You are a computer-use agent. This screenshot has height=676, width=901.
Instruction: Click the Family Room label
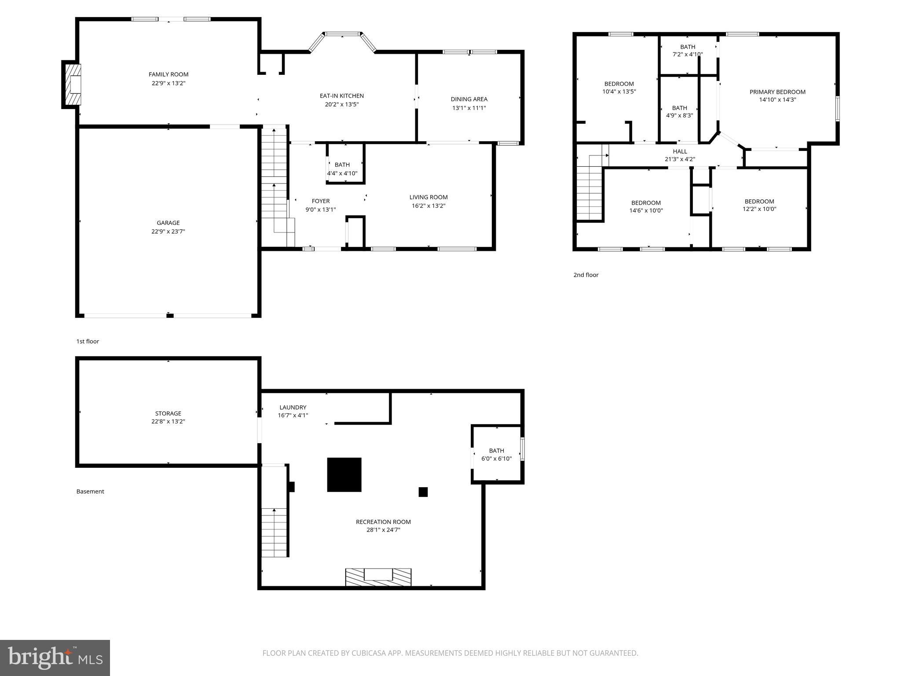(168, 74)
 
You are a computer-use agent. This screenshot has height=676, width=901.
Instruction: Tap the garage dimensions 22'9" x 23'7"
(168, 231)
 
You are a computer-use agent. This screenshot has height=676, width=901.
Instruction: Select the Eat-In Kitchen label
(341, 96)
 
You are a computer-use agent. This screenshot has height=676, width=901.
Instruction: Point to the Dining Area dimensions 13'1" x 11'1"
(469, 107)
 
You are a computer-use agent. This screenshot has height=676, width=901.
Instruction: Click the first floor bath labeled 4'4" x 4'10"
(342, 169)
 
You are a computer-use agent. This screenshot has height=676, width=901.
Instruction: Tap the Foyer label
(320, 201)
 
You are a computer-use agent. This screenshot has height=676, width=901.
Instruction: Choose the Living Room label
(428, 197)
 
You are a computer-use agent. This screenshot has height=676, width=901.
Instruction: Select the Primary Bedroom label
(777, 92)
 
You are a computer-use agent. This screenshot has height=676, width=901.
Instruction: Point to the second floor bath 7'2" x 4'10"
(687, 51)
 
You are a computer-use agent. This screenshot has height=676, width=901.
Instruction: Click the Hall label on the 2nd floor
(680, 151)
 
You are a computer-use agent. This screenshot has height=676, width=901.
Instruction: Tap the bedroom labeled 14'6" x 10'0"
(646, 206)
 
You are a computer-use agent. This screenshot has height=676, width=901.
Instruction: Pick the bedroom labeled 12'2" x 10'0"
(759, 205)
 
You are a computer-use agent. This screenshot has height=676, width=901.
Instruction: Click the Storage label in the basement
(168, 413)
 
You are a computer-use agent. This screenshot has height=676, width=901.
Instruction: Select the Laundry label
(293, 408)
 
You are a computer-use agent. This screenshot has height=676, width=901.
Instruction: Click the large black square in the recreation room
(344, 474)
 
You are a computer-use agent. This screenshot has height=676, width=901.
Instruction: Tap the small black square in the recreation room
(423, 492)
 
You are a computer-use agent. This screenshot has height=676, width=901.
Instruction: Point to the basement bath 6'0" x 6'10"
(496, 454)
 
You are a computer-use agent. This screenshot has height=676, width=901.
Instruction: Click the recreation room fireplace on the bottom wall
(378, 577)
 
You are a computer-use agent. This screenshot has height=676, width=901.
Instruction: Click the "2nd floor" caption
(586, 275)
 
